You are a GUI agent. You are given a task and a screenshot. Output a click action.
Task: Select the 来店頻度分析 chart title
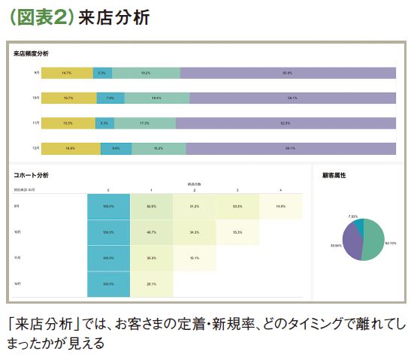(x=30, y=53)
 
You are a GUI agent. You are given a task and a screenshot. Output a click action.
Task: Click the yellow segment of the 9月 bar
(x=67, y=73)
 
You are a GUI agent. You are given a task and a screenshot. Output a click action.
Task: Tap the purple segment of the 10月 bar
(x=292, y=98)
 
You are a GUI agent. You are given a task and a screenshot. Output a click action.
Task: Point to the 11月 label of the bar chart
(x=35, y=123)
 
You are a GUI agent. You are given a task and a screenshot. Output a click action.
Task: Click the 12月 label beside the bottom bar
(x=35, y=149)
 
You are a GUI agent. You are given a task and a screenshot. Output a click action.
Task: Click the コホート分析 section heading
(x=31, y=175)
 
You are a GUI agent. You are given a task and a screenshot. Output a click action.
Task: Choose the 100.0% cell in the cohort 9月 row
(x=108, y=205)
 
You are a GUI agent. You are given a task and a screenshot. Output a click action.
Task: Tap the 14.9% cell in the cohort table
(x=280, y=205)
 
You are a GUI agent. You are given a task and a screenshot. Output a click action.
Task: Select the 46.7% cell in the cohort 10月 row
(x=151, y=231)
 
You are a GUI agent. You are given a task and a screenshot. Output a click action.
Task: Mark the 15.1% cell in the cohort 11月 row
(x=194, y=258)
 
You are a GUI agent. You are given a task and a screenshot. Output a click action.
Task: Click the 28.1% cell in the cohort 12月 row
(x=151, y=283)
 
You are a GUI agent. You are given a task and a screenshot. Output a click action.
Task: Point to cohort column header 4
(x=280, y=190)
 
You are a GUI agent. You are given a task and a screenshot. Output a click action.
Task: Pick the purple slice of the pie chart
(x=352, y=245)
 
